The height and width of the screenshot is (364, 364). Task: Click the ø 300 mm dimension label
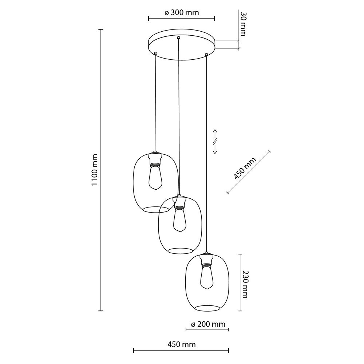tap(181, 12)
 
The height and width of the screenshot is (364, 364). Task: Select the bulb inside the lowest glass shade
tap(206, 277)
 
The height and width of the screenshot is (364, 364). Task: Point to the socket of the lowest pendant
tap(206, 260)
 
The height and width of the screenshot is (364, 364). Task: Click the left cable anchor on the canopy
tap(156, 54)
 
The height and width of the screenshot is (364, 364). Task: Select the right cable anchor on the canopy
tap(206, 55)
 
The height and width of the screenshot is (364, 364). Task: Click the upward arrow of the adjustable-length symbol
tap(215, 132)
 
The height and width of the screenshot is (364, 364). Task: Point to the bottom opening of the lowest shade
tap(207, 309)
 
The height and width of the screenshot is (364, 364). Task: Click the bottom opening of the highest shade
tap(155, 209)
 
